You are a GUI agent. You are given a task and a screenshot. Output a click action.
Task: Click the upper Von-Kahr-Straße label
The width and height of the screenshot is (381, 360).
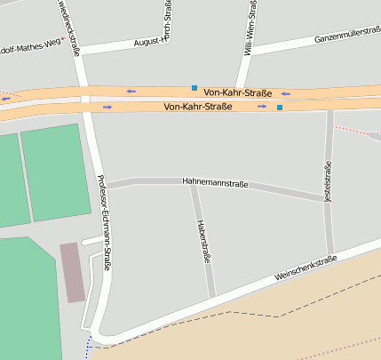pyautogui.click(x=237, y=92)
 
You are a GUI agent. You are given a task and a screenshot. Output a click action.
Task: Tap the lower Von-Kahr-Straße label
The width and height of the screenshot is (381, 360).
pyautogui.click(x=198, y=107)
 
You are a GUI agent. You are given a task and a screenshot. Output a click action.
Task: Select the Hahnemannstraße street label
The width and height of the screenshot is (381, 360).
pyautogui.click(x=216, y=181)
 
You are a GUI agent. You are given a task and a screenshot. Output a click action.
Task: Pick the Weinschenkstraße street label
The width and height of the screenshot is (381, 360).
pyautogui.click(x=306, y=268)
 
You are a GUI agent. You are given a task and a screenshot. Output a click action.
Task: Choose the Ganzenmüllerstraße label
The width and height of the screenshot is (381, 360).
pyautogui.click(x=328, y=37)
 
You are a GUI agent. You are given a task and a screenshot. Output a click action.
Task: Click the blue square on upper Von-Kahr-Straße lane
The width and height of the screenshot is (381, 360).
pyautogui.click(x=194, y=88)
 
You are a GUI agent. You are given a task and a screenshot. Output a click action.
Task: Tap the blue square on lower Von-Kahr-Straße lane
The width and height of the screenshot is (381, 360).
pyautogui.click(x=279, y=108)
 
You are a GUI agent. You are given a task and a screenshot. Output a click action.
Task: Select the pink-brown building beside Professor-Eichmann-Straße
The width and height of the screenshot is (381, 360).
pyautogui.click(x=73, y=270)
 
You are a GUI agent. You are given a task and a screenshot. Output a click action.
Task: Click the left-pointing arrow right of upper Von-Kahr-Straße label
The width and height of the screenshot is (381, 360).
pyautogui.click(x=285, y=93)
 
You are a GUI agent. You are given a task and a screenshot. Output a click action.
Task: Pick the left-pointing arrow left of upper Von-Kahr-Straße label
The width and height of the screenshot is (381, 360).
pyautogui.click(x=131, y=91)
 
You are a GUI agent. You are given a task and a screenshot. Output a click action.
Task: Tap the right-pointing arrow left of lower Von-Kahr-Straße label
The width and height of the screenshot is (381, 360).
pyautogui.click(x=107, y=107)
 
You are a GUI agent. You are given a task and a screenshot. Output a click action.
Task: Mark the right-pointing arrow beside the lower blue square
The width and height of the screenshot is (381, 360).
pyautogui.click(x=262, y=107)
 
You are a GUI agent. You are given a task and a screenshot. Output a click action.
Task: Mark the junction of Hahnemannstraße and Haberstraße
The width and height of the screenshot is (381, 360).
pyautogui.click(x=192, y=185)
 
